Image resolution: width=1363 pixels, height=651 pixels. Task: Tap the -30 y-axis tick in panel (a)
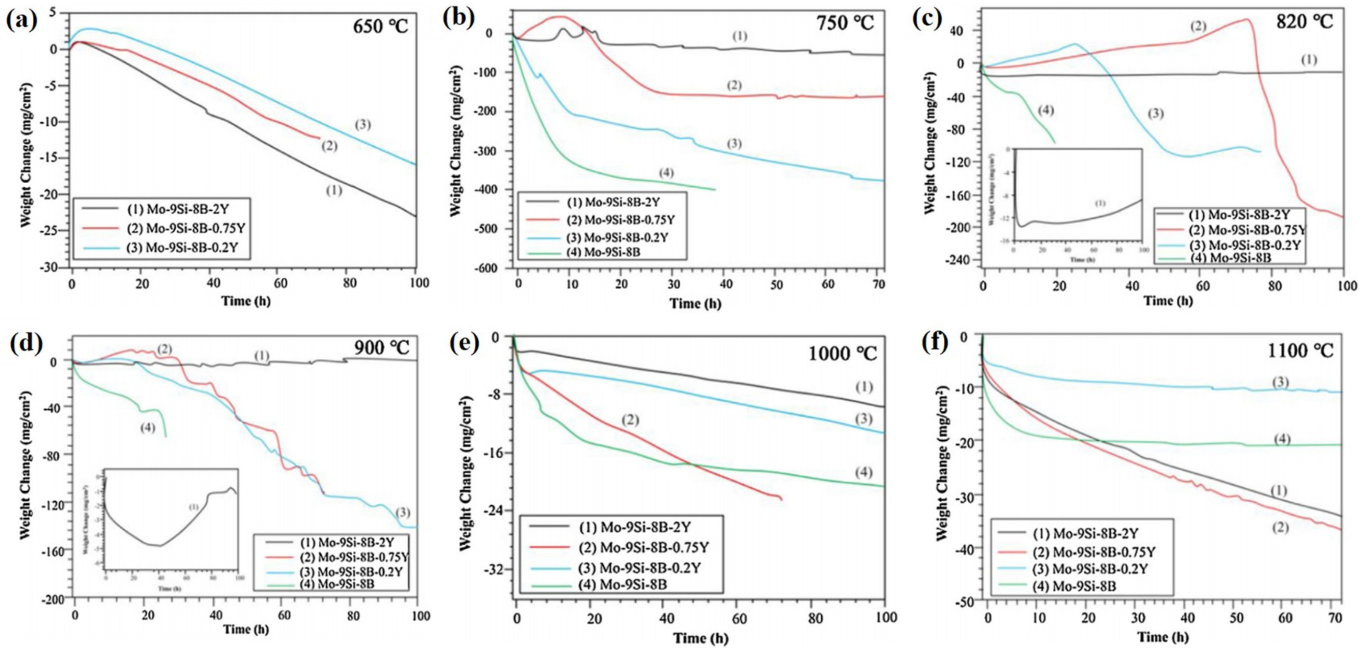52,267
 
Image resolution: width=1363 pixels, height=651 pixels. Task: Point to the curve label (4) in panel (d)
148,428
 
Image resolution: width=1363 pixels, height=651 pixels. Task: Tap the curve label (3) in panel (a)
363,125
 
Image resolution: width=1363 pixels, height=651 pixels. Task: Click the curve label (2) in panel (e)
630,420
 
